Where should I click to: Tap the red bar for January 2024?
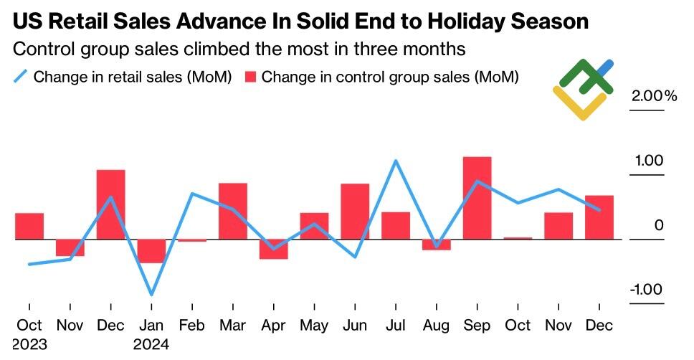coord(151,251)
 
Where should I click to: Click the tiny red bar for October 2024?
coord(518,238)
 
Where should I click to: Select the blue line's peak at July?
coord(396,161)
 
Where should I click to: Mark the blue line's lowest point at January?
coord(151,294)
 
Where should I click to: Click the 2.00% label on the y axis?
coord(653,96)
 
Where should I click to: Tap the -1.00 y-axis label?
coord(646,290)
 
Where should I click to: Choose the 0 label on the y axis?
coord(659,225)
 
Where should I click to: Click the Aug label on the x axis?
coord(436,326)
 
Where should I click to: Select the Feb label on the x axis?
coord(192,326)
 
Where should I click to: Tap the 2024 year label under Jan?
coord(151,345)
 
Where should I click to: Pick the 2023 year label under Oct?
coord(29,345)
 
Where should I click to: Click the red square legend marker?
coord(250,77)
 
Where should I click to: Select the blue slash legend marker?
coord(20,77)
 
